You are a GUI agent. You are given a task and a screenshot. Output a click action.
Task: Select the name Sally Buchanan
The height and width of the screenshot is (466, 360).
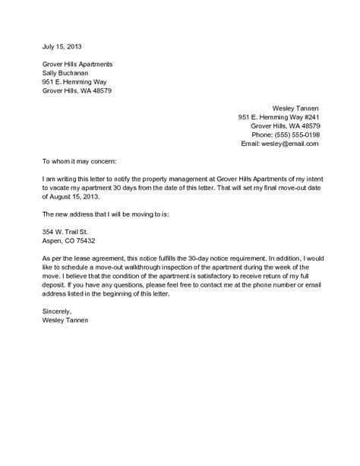pos(66,72)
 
